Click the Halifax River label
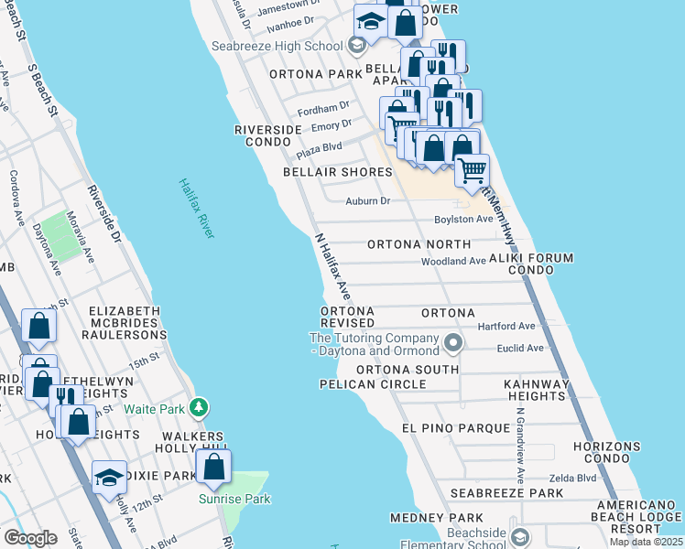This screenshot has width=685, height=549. point(197,209)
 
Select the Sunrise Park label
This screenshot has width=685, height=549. point(223,499)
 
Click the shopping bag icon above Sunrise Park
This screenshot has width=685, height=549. point(213,467)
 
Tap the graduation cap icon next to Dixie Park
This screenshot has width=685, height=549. point(109,478)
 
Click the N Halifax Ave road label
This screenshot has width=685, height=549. point(333,266)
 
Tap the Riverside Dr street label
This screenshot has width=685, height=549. point(103,215)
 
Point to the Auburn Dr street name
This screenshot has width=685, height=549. point(368,201)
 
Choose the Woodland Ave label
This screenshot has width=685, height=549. point(452,262)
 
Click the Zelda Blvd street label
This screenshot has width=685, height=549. point(572,478)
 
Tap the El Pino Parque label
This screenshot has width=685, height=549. point(455,427)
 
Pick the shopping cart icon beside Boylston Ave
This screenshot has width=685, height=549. point(472,169)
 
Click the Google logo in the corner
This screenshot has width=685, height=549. point(29,537)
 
